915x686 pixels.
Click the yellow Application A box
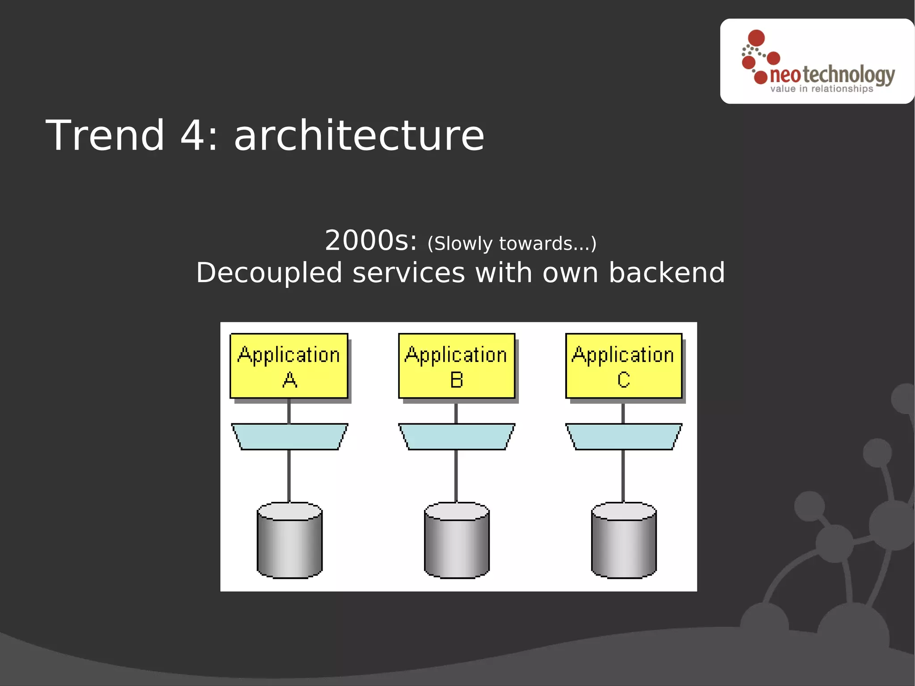[x=289, y=366]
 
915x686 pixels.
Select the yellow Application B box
[x=456, y=366]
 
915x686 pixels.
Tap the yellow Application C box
[x=623, y=366]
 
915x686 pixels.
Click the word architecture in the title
[x=359, y=136]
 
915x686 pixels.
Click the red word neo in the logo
[x=785, y=75]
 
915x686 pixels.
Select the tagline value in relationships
[x=821, y=89]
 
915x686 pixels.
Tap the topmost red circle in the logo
[x=756, y=38]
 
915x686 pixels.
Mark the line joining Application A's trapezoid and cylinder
[x=289, y=476]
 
